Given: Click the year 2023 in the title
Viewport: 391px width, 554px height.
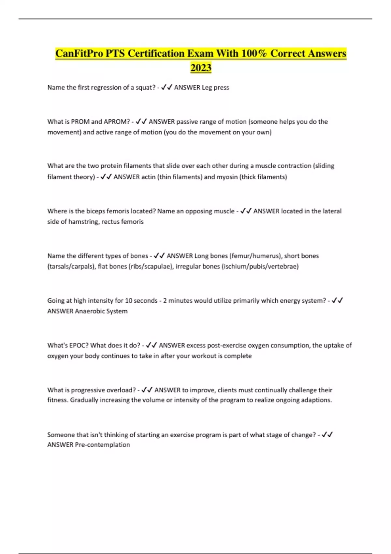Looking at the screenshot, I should point(201,68).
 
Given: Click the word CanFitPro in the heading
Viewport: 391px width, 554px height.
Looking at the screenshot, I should point(79,53).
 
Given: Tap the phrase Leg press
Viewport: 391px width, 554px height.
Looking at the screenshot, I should point(215,87).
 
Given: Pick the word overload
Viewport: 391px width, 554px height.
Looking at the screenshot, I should point(123,390).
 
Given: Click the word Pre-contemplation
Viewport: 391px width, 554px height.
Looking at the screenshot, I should point(102,445).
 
